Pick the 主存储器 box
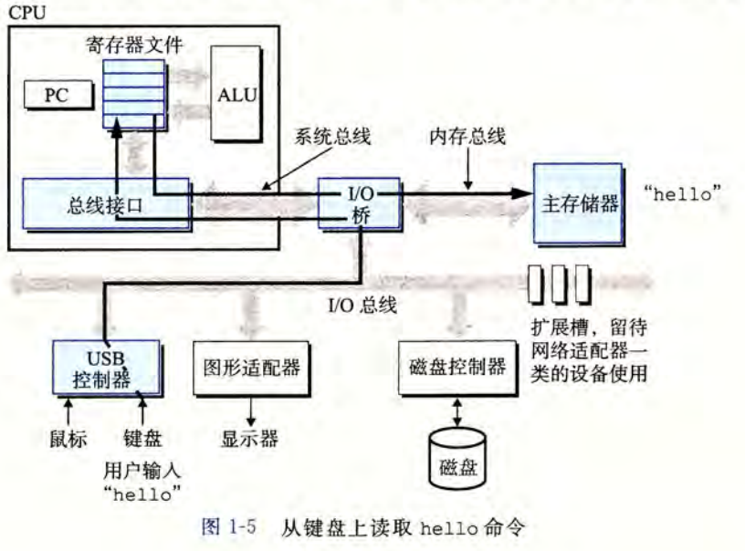(x=577, y=203)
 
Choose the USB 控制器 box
(x=106, y=368)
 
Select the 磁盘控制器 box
(x=453, y=369)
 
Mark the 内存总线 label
(x=467, y=137)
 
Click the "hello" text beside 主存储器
(x=683, y=194)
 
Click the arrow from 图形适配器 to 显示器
(x=248, y=411)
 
